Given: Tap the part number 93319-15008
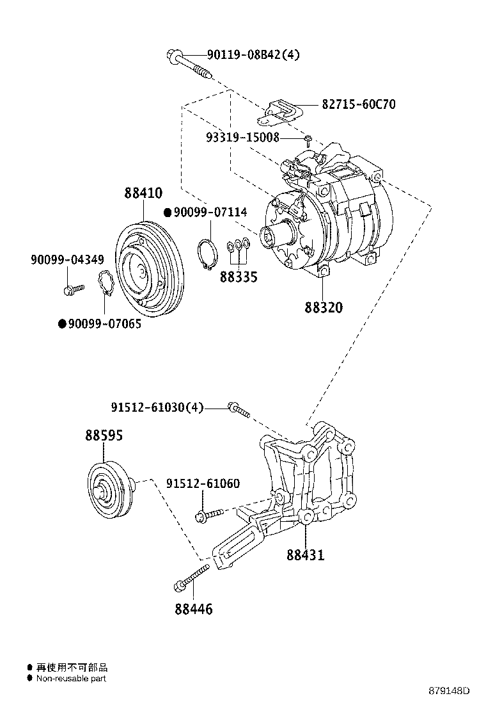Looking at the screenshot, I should [x=242, y=137].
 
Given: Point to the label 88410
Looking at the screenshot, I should [x=143, y=193].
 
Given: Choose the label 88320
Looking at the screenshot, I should [x=324, y=307].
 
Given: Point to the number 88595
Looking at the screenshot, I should [x=104, y=435].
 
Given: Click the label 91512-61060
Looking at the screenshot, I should [x=203, y=483].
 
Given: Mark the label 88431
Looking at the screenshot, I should [x=305, y=554].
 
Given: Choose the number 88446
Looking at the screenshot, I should [x=193, y=609].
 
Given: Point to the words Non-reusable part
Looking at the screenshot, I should [x=71, y=678].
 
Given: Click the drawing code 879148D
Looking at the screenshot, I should [x=449, y=691].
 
